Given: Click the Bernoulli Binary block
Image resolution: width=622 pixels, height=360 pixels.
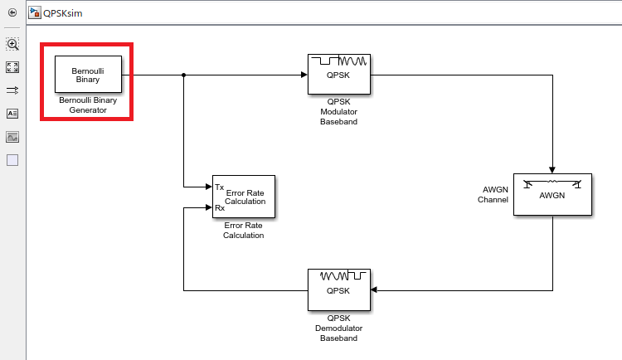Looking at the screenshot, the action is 88,74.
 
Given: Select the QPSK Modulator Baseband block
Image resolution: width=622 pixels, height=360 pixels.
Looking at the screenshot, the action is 339,74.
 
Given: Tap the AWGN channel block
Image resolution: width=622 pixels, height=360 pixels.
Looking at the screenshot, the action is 552,194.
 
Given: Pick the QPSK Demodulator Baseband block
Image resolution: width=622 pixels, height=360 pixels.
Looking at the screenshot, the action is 339,289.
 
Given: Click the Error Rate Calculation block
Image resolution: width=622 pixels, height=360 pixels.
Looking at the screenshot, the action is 244,197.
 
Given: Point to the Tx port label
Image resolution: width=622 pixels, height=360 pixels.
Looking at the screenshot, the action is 220,187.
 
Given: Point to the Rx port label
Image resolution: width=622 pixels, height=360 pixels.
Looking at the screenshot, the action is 220,207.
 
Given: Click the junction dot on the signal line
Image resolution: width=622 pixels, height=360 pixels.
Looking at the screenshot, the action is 183,75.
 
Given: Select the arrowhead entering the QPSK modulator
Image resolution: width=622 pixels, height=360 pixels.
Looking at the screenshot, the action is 304,75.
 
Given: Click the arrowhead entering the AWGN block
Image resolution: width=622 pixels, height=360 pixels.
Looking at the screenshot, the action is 552,170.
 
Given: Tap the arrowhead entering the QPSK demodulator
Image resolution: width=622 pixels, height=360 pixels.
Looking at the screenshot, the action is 374,289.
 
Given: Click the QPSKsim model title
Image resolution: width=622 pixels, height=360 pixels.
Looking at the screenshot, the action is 63,13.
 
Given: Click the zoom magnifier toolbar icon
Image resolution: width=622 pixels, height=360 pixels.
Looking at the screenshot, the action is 12,44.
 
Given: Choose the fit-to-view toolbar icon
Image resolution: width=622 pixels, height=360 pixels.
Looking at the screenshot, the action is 12,67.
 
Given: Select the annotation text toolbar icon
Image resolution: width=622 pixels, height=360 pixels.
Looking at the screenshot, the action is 12,114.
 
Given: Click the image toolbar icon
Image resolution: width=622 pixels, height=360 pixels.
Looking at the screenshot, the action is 12,138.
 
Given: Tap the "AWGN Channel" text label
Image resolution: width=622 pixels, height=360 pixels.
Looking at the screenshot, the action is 493,194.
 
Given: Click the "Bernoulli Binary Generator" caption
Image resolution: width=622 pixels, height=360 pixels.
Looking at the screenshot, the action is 88,105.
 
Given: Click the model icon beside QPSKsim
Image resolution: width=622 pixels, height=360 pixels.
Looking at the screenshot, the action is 35,12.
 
